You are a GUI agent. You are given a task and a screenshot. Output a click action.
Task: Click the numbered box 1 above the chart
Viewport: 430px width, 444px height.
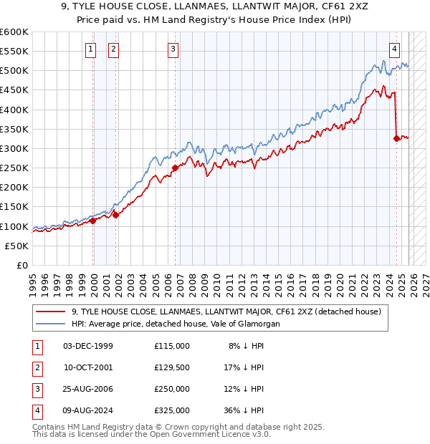tap(91, 49)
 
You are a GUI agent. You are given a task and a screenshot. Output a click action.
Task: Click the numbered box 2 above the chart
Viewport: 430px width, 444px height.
tap(113, 49)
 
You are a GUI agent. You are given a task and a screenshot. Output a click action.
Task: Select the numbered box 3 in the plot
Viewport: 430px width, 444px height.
tap(173, 49)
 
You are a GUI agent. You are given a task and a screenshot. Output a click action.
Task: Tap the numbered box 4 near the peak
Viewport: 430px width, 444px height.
tap(395, 49)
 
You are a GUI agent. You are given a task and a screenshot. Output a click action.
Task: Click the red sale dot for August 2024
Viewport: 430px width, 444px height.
tap(396, 139)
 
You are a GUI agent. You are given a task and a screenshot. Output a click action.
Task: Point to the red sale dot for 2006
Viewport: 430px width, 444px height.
tap(175, 168)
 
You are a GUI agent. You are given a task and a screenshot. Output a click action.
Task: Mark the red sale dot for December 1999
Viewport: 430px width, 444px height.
tap(92, 221)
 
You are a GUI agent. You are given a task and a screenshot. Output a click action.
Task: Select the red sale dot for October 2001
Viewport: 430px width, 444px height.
tap(115, 215)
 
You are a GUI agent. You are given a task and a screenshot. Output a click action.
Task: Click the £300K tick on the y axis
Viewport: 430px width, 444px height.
tap(14, 148)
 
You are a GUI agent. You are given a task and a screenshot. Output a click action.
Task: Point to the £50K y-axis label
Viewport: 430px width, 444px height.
tap(17, 246)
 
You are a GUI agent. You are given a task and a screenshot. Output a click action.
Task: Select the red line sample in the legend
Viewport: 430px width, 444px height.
tap(51, 312)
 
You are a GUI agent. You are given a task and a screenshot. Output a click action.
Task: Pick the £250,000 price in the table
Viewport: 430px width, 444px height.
tap(172, 390)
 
